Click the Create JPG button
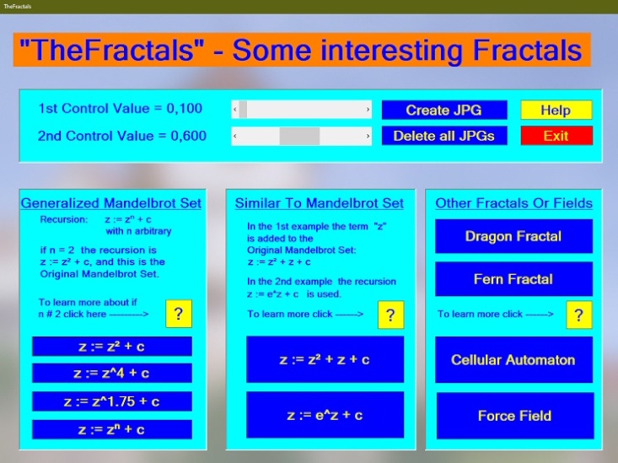click(x=444, y=110)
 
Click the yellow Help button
click(x=556, y=110)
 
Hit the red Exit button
click(x=556, y=136)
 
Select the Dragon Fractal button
click(x=513, y=236)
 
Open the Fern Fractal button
click(x=513, y=279)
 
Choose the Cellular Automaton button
click(x=513, y=359)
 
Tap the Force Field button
click(x=513, y=415)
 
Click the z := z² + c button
click(x=112, y=346)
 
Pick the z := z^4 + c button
click(x=112, y=373)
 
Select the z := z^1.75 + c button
click(x=112, y=401)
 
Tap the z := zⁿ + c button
click(x=112, y=429)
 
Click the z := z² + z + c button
click(x=325, y=359)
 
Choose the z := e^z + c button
click(x=325, y=415)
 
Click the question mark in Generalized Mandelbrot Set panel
click(x=179, y=314)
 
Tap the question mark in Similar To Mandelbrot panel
click(x=390, y=315)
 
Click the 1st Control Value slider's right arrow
click(x=368, y=110)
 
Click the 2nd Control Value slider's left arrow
click(x=234, y=136)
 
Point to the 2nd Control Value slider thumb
click(x=299, y=136)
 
